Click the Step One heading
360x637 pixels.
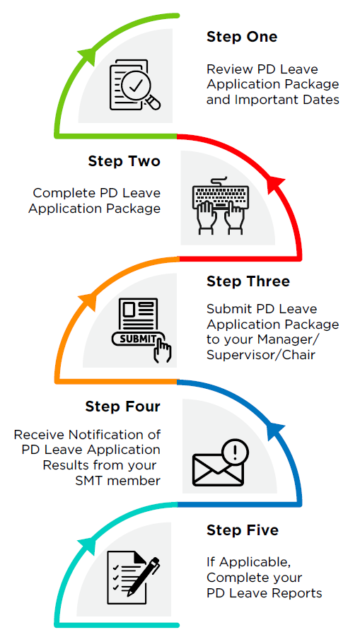point(242,37)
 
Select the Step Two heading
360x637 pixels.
point(124,161)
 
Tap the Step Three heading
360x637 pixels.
point(248,281)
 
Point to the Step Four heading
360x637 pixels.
point(122,407)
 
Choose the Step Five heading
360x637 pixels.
point(243,530)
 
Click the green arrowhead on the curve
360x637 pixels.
point(88,55)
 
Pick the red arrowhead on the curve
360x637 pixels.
point(277,185)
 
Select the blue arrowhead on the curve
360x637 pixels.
point(277,431)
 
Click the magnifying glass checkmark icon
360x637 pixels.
point(135,85)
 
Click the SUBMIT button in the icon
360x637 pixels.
point(138,339)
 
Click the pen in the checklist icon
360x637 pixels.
point(143,578)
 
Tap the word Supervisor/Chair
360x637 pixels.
point(261,355)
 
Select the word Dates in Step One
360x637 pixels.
point(321,100)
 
